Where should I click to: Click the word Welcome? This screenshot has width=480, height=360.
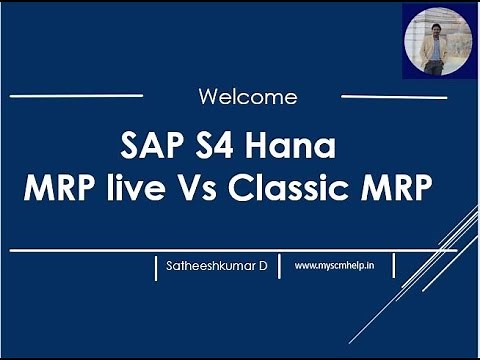247,97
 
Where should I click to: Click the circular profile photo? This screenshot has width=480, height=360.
437,42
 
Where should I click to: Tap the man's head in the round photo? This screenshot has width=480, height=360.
436,22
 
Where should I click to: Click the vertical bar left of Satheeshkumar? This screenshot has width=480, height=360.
157,267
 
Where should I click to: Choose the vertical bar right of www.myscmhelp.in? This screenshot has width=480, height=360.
394,266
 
